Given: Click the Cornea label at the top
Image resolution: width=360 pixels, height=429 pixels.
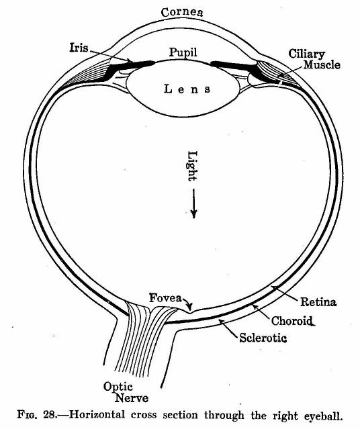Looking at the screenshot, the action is click(x=182, y=13).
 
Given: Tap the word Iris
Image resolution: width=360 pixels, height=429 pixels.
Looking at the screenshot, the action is click(x=79, y=48).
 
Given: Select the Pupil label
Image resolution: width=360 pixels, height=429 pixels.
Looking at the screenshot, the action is click(x=183, y=52).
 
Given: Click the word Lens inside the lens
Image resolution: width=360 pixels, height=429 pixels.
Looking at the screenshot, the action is click(x=187, y=89).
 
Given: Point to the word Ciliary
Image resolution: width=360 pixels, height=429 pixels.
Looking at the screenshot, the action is click(x=307, y=54).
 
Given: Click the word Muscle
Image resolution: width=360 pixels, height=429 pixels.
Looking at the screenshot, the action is click(x=322, y=65).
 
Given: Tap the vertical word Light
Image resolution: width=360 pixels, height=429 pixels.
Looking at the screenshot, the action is click(x=192, y=166).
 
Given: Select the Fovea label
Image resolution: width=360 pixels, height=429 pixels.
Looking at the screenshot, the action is click(x=165, y=297).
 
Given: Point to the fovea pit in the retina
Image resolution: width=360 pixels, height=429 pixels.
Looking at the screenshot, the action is click(x=190, y=312).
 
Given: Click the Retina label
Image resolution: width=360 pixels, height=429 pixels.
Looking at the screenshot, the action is click(x=318, y=302).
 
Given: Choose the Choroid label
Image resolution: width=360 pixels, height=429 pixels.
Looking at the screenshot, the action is click(x=292, y=321).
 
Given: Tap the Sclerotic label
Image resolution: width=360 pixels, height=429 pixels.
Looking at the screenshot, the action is click(x=263, y=338).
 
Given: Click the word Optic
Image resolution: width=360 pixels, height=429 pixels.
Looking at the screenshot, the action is click(x=118, y=387).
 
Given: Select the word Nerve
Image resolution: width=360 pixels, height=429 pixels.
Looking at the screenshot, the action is click(x=132, y=398).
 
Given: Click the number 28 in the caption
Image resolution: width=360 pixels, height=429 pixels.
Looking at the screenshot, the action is click(x=50, y=414).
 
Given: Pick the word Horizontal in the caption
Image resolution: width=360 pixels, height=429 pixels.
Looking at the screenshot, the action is click(x=97, y=414).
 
